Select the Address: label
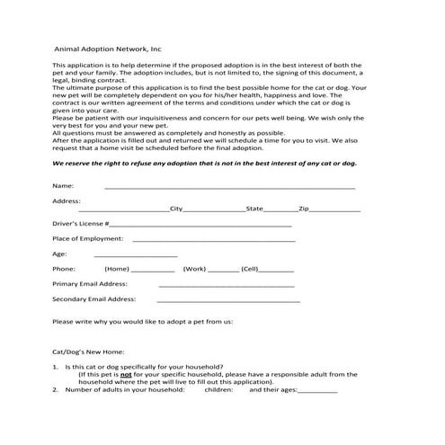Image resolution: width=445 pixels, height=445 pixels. [67, 200]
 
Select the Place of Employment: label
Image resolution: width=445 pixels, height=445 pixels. [88, 238]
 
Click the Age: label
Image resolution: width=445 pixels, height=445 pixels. [60, 254]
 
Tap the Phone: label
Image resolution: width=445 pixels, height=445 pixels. [64, 269]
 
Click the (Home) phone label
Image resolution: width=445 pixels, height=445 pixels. [117, 269]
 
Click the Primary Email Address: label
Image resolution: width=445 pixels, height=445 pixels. [90, 283]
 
